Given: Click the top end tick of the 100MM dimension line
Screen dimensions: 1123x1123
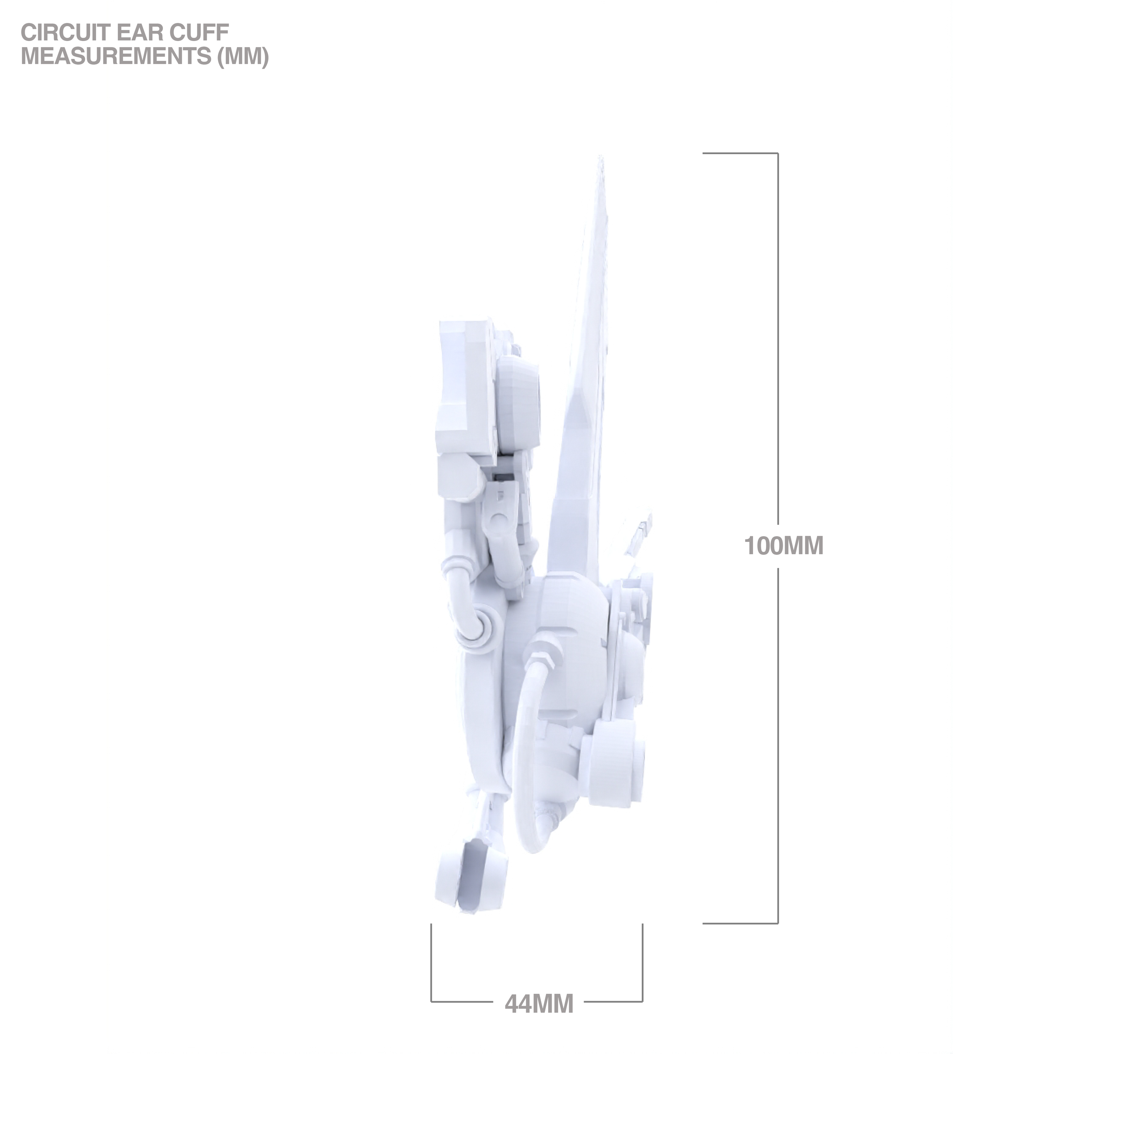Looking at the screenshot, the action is coord(740,154).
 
